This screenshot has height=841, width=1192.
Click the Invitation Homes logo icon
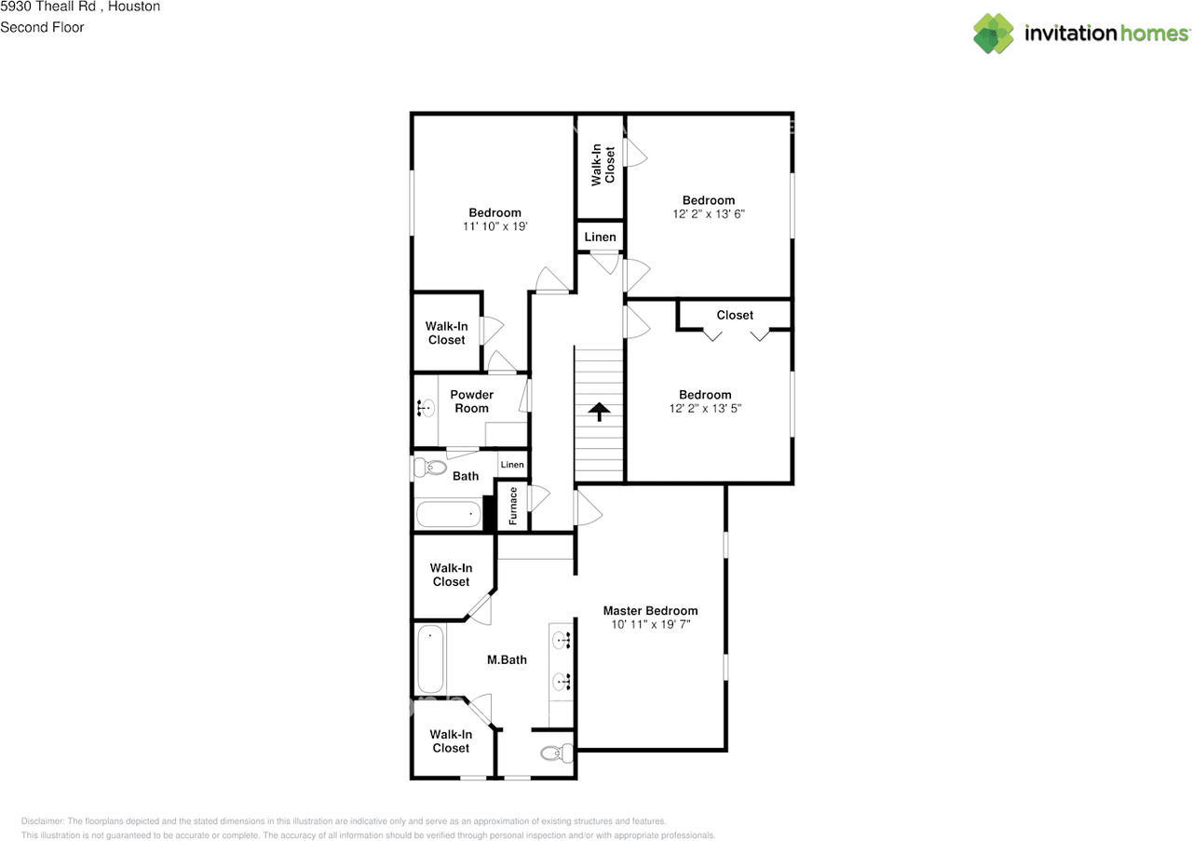click(993, 34)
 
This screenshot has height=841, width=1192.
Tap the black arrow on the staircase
click(599, 412)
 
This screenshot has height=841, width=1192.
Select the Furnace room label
click(513, 507)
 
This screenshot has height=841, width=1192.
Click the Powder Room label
click(471, 401)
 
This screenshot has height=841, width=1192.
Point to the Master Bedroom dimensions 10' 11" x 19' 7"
click(650, 624)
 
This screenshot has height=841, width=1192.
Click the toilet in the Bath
click(430, 468)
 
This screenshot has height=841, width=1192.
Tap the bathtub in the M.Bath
click(430, 659)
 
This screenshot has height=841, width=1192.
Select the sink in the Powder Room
click(426, 408)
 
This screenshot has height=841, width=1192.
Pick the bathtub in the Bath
click(449, 515)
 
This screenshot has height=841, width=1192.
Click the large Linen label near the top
click(601, 237)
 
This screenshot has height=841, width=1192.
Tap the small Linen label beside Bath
click(512, 465)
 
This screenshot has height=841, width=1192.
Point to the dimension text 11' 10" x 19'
click(494, 226)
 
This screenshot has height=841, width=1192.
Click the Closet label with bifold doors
click(735, 315)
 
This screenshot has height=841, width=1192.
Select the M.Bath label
click(507, 660)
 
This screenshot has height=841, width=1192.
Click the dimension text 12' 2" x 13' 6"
click(709, 214)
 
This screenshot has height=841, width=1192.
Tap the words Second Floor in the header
click(42, 27)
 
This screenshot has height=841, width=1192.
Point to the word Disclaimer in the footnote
click(43, 821)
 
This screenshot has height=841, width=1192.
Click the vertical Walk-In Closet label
click(603, 165)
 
